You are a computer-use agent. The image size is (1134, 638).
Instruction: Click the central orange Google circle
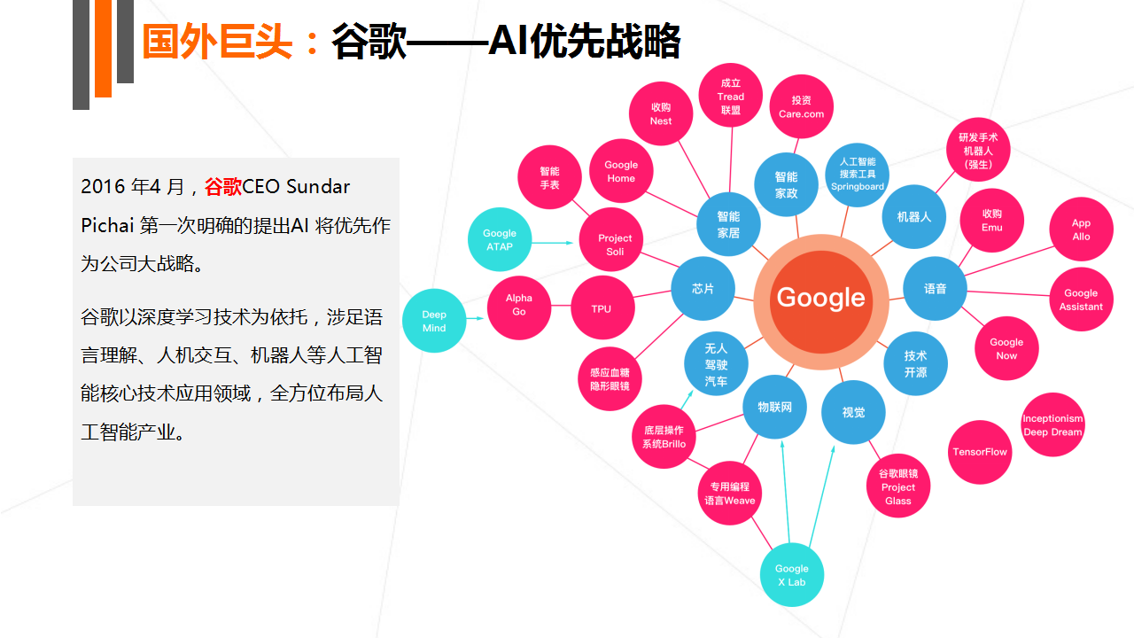pos(821,302)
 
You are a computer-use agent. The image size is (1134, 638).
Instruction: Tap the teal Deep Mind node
pos(434,321)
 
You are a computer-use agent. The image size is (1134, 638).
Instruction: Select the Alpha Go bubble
pos(519,307)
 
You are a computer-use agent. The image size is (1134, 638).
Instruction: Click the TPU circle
pos(602,307)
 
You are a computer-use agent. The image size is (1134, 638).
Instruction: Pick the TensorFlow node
pos(980,452)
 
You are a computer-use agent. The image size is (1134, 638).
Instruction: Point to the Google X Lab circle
pos(792,575)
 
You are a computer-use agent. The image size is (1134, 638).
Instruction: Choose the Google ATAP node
pos(500,239)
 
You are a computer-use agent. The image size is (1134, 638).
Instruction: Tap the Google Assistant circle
pos(1082,300)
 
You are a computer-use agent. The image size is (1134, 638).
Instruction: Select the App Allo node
pos(1082,229)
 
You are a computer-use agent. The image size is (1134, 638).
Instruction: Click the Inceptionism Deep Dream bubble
pos(1052,424)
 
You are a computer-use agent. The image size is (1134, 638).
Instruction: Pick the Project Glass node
pos(898,486)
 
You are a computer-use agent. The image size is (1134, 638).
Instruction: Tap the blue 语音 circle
pos(935,289)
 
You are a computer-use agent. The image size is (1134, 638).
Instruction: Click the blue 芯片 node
pos(703,289)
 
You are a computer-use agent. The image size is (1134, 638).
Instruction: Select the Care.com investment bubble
pos(802,106)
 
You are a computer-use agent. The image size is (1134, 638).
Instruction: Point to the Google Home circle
pos(621,171)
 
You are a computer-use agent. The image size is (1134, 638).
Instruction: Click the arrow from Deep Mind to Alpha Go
pos(475,318)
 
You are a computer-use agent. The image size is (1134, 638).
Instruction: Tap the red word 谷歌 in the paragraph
pos(222,187)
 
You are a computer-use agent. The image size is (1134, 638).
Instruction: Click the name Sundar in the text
pos(317,187)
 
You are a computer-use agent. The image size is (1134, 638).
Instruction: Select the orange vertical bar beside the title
pos(104,48)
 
